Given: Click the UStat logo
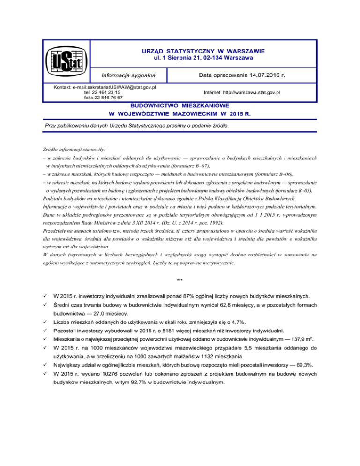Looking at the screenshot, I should tap(66, 63).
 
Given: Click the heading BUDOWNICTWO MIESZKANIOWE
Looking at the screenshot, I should tap(180, 106).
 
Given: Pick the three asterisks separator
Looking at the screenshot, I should tap(180, 280).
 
